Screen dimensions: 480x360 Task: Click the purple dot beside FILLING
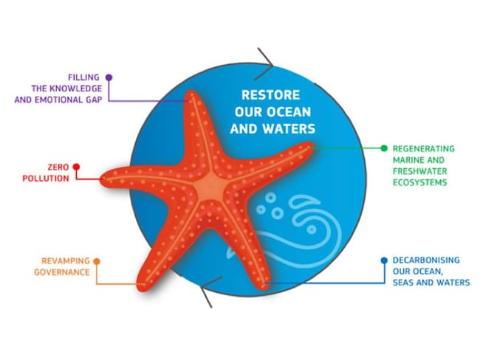click(109, 77)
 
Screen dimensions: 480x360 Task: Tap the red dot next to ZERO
click(76, 167)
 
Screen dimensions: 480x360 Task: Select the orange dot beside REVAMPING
click(97, 261)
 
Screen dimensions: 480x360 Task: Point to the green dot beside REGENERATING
click(384, 148)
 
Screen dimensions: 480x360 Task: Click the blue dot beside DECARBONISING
click(384, 260)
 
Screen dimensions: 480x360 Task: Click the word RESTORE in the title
click(270, 95)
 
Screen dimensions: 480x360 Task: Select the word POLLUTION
click(46, 179)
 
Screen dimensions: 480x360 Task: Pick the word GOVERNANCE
click(62, 272)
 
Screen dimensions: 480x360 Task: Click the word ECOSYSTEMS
click(420, 183)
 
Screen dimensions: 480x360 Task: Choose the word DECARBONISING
click(426, 260)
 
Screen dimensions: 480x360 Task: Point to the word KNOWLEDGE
click(75, 89)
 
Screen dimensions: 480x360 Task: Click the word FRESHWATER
click(420, 171)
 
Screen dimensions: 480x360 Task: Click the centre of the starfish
click(211, 187)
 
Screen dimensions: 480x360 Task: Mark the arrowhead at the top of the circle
click(265, 63)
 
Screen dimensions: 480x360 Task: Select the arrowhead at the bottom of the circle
click(210, 292)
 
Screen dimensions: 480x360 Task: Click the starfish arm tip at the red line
click(102, 179)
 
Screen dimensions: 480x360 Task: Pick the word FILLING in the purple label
click(83, 77)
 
